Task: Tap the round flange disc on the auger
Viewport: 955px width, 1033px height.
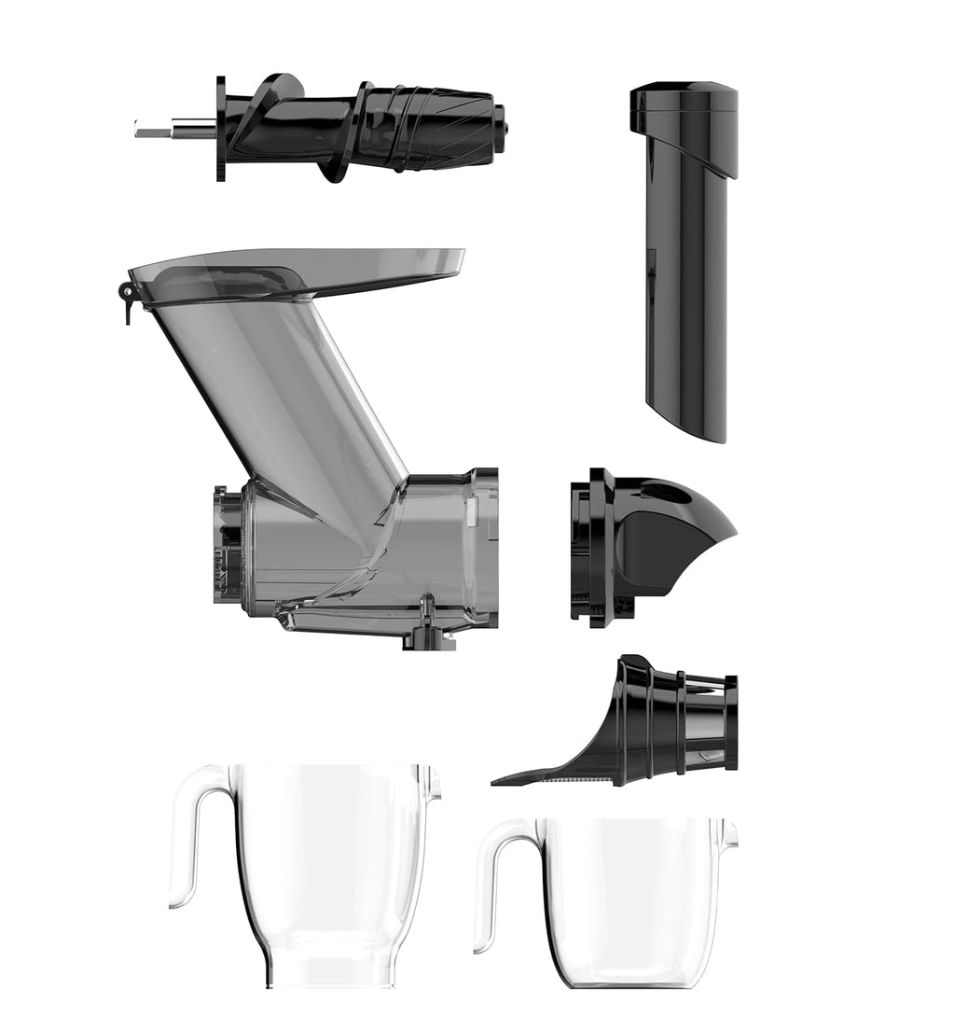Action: coord(221,129)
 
